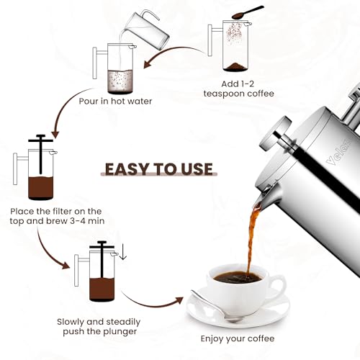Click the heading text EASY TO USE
159,169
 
